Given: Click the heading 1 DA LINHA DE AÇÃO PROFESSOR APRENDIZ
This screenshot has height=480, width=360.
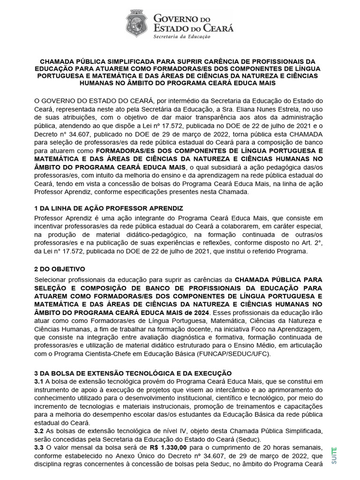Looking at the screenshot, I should click(109, 208).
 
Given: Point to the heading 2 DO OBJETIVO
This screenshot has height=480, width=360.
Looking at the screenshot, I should click(60, 269).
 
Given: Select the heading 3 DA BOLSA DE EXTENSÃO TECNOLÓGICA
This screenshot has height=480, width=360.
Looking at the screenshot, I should click(133, 373).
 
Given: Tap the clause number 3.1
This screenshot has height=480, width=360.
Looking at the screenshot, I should click(39, 381).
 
